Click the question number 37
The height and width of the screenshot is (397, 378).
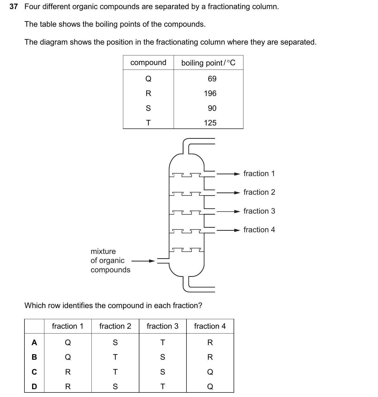pos(14,7)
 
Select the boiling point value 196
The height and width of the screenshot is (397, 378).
pos(210,93)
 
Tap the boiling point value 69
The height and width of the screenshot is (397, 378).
pos(212,79)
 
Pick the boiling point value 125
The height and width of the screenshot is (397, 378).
pos(210,123)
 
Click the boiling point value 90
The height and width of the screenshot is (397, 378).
pos(212,108)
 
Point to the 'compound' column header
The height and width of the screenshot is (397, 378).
pos(148,62)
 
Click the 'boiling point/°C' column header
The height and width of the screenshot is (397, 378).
pos(208,63)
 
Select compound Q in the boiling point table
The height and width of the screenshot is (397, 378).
pos(148,79)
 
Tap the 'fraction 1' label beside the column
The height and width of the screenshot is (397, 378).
pos(259,174)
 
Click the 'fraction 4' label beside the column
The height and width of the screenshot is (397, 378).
pos(259,230)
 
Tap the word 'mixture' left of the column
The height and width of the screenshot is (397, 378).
pos(103,251)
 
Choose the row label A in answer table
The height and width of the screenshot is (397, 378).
pos(34,343)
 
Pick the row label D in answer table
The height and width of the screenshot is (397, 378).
pos(34,386)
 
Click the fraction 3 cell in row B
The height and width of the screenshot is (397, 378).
pos(163,357)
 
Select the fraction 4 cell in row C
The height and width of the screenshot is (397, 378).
pos(210,372)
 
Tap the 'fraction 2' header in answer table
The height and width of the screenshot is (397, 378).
pos(115,326)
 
